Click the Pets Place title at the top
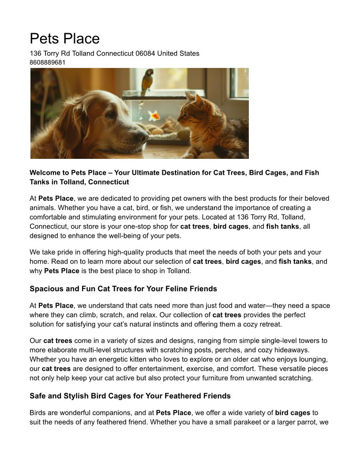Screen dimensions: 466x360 [64, 39]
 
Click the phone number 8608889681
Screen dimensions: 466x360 [47, 63]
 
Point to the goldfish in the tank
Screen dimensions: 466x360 [154, 116]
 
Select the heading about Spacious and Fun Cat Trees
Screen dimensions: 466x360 [123, 289]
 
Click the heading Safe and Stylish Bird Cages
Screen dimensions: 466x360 [130, 396]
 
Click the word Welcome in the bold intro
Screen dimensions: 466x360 [45, 173]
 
